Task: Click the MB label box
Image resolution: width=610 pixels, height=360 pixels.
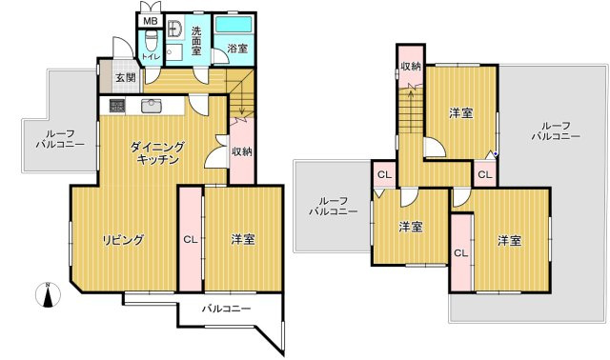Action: (x=150, y=21)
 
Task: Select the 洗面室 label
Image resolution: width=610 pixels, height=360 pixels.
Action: (x=196, y=39)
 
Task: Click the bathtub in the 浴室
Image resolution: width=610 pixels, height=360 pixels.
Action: (x=232, y=26)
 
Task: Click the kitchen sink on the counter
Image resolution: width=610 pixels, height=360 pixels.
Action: (x=152, y=105)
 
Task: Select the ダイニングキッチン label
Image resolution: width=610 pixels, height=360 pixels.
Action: (x=157, y=153)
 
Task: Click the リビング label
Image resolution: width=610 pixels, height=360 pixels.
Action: (x=123, y=240)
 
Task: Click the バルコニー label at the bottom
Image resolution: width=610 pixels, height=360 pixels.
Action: (x=226, y=309)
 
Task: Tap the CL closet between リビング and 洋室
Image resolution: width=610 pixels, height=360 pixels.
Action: (x=190, y=240)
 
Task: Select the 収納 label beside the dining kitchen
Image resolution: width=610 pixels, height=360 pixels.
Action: (x=241, y=152)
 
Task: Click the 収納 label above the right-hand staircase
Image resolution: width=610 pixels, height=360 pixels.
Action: (x=411, y=66)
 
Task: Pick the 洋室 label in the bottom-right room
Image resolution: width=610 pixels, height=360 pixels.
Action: (x=509, y=240)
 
